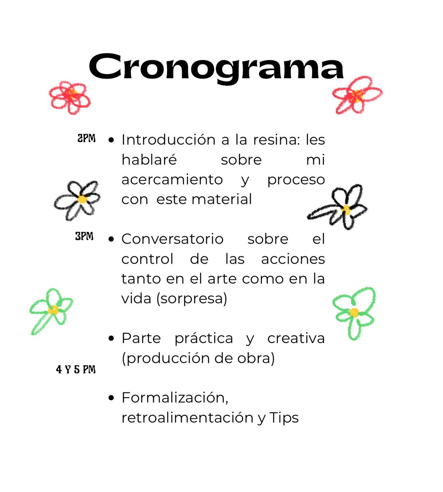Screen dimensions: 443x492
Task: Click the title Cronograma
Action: pos(216,69)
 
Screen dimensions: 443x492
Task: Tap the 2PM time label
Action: pos(87,138)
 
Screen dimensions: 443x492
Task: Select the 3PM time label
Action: pos(84,236)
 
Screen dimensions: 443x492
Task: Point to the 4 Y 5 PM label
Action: pos(76,369)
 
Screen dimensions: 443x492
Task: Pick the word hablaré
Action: pos(149,159)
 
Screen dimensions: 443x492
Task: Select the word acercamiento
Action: pos(172,180)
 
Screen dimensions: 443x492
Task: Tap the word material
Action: pos(222,199)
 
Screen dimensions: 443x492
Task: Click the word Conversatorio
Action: pos(172,239)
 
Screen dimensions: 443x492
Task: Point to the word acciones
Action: pos(293,259)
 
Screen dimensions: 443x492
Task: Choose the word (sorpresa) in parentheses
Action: pos(192,299)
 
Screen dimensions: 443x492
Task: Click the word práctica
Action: pos(204,339)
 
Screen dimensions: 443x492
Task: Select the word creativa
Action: pos(296,339)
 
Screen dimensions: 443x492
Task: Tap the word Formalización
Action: pos(175,398)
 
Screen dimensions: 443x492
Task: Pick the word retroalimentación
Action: pos(188,418)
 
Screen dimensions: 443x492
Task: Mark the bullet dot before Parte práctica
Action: pos(111,339)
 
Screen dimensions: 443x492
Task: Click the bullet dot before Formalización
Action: pos(111,398)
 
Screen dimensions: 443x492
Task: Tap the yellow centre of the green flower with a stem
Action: pos(53,310)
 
